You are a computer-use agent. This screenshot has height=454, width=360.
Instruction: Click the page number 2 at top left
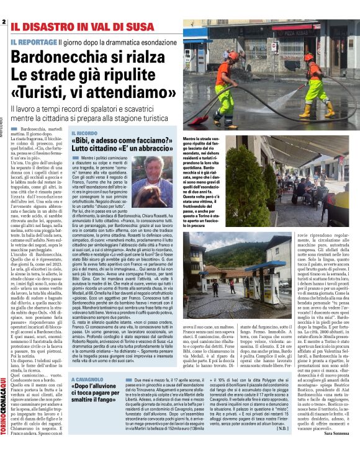click(4, 23)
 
